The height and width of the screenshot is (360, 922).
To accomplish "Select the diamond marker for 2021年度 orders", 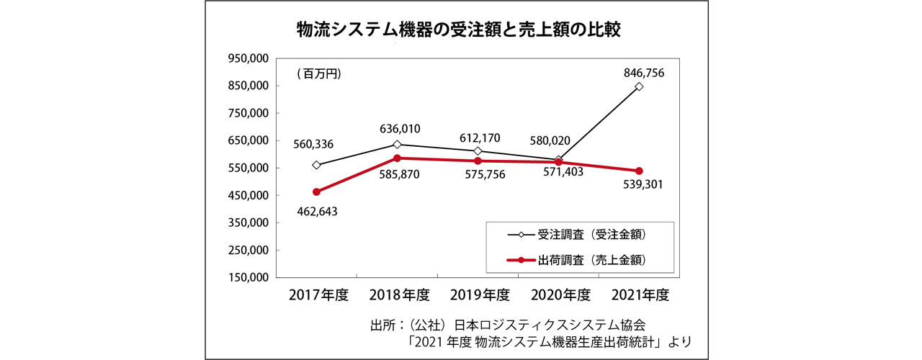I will [639, 86].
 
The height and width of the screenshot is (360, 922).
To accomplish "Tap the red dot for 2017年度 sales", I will [316, 192].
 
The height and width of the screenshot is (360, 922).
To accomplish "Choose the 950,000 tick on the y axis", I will [249, 58].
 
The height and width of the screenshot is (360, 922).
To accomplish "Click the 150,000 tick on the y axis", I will [249, 277].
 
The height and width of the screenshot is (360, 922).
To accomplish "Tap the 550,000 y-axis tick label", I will [249, 168].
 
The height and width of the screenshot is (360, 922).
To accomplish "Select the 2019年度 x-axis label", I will [479, 294].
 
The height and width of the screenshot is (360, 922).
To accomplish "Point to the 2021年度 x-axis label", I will [640, 294].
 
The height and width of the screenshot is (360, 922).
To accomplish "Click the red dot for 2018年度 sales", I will [397, 158].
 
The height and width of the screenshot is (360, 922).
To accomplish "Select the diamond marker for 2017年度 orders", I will [316, 165].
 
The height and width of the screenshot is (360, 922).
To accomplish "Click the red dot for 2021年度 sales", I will [639, 171].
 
